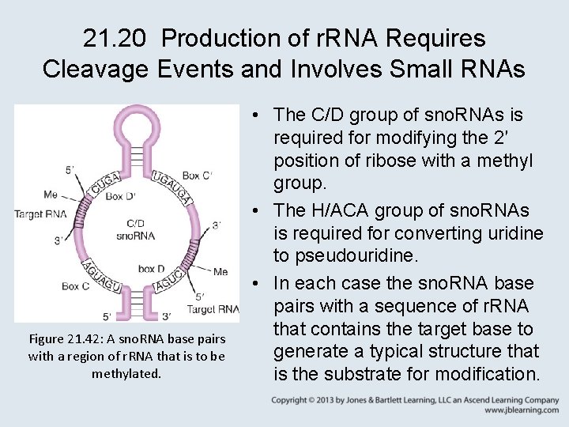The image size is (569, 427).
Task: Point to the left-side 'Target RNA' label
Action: (40, 213)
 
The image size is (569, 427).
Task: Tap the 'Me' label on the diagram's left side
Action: (51, 194)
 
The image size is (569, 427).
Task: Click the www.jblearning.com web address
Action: (521, 411)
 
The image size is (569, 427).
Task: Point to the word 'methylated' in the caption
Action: (126, 372)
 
